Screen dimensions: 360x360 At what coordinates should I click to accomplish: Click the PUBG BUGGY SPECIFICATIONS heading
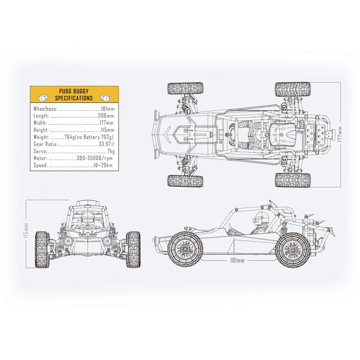[74, 95]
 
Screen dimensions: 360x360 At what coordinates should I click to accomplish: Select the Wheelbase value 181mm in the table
[107, 109]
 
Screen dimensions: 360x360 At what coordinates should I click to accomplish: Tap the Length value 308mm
[106, 116]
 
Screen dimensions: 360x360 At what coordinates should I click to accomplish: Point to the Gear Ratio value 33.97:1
[106, 144]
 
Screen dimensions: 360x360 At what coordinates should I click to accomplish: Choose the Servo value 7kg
[111, 151]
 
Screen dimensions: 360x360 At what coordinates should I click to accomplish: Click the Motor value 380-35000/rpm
[95, 158]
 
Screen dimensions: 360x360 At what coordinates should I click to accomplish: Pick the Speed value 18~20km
[103, 165]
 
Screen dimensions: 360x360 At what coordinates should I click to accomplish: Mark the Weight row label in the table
[41, 137]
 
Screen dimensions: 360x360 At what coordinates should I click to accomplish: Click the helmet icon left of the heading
[43, 98]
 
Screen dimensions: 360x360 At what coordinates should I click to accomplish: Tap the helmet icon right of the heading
[105, 98]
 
